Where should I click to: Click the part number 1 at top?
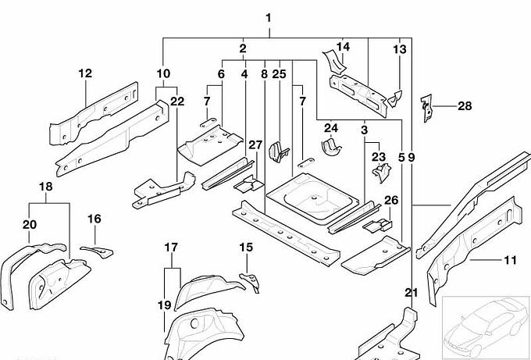(x=269, y=18)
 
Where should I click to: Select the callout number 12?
(x=85, y=73)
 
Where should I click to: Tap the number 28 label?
(x=465, y=105)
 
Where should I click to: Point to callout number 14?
(x=343, y=47)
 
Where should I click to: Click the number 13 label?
(x=400, y=50)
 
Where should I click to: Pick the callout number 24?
(x=331, y=128)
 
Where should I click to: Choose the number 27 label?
(x=255, y=144)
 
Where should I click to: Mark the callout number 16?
(x=94, y=219)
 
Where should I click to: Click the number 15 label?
(x=246, y=248)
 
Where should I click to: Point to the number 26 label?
(x=391, y=201)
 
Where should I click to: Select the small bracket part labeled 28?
(x=426, y=109)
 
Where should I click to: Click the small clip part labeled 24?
(x=332, y=147)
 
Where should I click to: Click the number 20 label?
(x=30, y=225)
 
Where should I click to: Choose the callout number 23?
(x=379, y=157)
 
